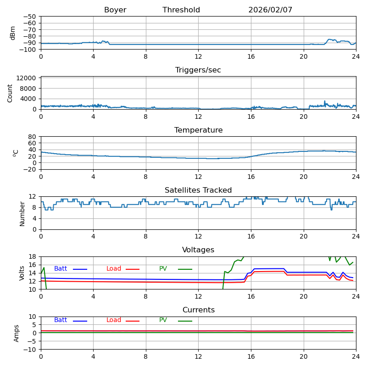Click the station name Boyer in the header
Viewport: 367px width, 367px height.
pos(115,10)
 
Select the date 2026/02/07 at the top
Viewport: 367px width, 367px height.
pos(270,10)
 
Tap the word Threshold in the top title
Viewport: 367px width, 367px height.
pos(181,10)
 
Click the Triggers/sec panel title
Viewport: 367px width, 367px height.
pos(198,70)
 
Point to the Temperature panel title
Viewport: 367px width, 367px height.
pos(198,130)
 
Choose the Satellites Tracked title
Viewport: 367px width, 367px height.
pos(198,190)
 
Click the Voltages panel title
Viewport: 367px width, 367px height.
pos(198,250)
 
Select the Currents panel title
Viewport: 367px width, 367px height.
pos(198,310)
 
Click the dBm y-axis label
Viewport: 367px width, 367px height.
pos(13,33)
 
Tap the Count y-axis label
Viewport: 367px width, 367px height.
pos(10,93)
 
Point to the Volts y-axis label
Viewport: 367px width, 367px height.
pos(22,273)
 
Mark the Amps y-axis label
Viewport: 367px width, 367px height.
pos(17,333)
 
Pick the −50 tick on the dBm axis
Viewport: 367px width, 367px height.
pos(30,17)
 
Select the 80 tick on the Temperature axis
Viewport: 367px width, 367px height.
pos(33,137)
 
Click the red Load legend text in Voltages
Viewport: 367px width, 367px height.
pos(114,269)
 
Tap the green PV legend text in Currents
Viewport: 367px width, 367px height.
pos(163,320)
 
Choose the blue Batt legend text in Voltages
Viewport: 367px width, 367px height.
pos(61,269)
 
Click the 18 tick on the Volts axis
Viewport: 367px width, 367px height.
pos(33,256)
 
